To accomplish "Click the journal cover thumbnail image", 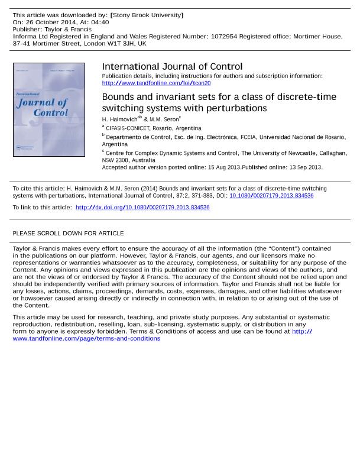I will pyautogui.click(x=49, y=109).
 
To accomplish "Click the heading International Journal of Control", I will pyautogui.click(x=172, y=67).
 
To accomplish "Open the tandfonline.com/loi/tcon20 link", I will pyautogui.click(x=156, y=83).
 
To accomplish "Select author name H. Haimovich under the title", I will pyautogui.click(x=119, y=119).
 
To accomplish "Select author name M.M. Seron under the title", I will pyautogui.click(x=164, y=119).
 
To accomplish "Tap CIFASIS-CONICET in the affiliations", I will pyautogui.click(x=128, y=128).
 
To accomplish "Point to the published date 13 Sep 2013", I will pyautogui.click(x=305, y=167).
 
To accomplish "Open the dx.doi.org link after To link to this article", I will pyautogui.click(x=142, y=208).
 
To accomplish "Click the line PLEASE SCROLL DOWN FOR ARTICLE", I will pyautogui.click(x=68, y=234).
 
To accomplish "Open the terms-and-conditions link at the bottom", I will pyautogui.click(x=86, y=339).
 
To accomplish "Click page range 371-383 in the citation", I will pyautogui.click(x=202, y=196).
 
